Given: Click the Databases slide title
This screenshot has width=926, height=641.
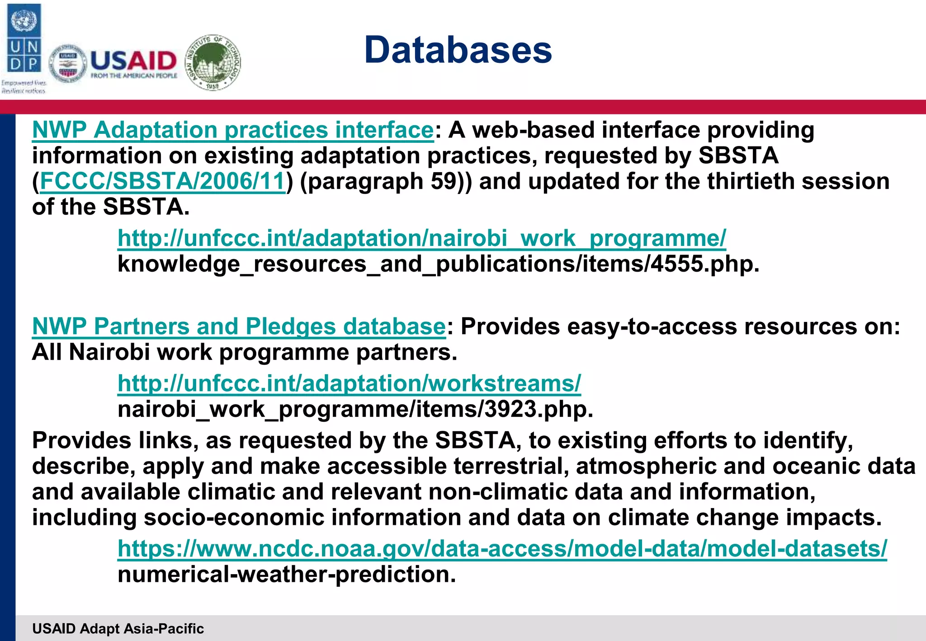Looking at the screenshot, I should click(458, 50).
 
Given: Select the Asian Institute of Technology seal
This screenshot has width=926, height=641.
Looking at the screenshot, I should click(213, 62).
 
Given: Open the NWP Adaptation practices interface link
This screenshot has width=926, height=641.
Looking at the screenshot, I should click(233, 130).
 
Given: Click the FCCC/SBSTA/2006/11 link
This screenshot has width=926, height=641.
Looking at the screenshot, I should click(163, 181).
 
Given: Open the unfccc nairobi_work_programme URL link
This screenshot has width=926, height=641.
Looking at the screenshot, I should click(421, 238).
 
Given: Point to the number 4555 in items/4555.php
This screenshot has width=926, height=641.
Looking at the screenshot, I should click(677, 264).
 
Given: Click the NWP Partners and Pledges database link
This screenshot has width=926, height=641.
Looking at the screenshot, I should click(239, 326).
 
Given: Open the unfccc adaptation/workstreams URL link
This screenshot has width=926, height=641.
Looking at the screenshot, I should click(349, 383).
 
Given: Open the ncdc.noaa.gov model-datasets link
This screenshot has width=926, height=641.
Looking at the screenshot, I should click(502, 548).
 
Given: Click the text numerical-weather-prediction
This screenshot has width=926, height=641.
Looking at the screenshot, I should click(286, 574).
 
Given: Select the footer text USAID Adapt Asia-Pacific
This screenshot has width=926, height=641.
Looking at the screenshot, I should click(118, 628).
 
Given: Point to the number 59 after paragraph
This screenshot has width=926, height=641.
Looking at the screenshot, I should click(444, 181).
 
